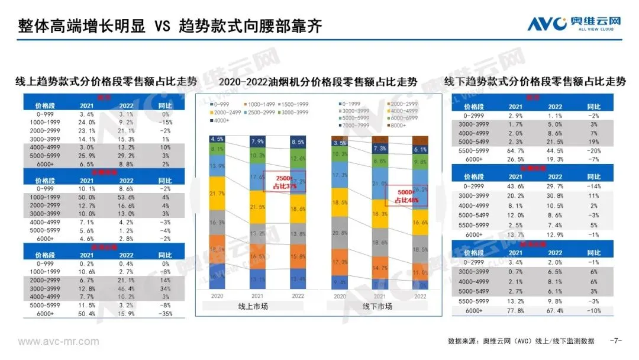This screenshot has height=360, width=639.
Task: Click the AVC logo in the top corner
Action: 575,23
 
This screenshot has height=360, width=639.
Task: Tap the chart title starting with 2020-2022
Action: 318,82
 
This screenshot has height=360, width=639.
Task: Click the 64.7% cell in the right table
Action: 515,150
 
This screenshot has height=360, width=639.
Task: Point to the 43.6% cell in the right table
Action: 515,187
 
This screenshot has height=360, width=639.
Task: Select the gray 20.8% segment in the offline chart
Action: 340,233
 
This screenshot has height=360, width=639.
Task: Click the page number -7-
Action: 616,341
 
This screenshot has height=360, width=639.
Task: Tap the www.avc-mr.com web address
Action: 59,342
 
